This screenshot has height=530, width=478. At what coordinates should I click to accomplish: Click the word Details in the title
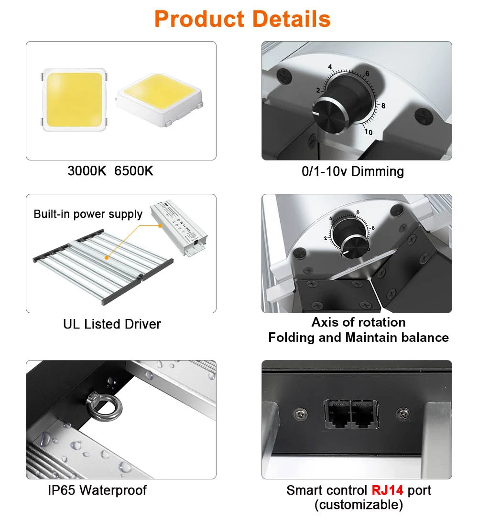[292, 19]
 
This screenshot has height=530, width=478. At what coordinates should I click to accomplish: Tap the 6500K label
[134, 171]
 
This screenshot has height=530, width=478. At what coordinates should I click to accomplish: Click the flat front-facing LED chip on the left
[74, 99]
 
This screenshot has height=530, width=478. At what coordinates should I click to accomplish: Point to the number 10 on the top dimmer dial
[368, 132]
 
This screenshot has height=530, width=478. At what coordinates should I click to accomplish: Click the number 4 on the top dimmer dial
[330, 67]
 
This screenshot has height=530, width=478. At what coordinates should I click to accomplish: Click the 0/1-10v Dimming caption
[353, 171]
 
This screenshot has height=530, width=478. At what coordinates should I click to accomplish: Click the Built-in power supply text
[88, 214]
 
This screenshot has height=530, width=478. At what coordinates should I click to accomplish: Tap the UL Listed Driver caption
[112, 324]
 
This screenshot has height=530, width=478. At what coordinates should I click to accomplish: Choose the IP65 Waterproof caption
[97, 490]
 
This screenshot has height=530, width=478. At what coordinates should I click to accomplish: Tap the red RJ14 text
[387, 490]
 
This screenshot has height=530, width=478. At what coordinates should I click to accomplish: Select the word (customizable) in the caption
[358, 505]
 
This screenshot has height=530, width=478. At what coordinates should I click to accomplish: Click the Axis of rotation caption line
[358, 322]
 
